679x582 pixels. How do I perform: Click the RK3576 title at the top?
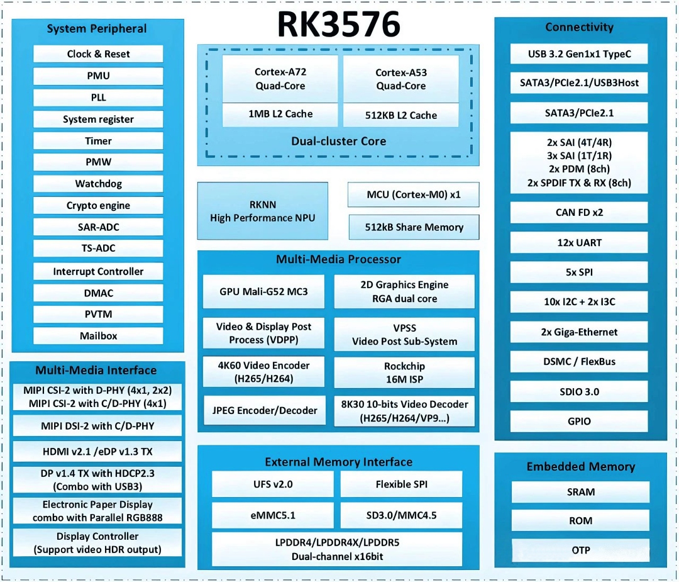339,25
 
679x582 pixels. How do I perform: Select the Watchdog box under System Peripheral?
98,184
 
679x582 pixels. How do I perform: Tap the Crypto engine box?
98,205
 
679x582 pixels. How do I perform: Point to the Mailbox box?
98,336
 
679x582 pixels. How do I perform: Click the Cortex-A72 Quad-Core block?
280,79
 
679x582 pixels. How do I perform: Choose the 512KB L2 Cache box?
401,115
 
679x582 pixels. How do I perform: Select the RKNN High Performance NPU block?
262,211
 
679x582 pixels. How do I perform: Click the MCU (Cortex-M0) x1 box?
414,194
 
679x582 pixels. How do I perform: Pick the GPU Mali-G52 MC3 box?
263,292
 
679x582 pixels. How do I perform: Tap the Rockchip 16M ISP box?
404,372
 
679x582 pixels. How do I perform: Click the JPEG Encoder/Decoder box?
265,410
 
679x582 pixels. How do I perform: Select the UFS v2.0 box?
273,484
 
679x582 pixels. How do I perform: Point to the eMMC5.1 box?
273,515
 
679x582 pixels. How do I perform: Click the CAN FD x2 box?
579,212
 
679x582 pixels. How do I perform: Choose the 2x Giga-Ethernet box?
579,332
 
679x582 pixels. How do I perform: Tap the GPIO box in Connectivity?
579,421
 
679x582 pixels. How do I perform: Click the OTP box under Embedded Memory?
581,550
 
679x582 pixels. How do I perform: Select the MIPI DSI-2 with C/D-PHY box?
97,426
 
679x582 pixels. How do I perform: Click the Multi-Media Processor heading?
339,260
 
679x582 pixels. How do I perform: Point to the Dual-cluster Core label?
339,142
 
